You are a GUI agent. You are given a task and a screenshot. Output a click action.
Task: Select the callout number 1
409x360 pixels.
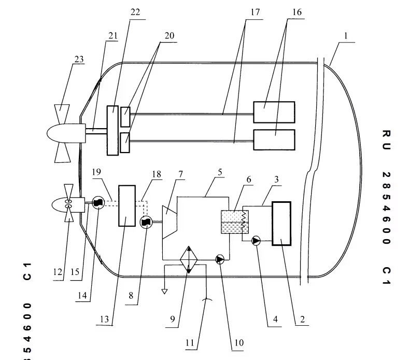(x=346, y=37)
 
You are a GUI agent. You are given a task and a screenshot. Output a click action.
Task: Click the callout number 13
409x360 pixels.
(x=105, y=320)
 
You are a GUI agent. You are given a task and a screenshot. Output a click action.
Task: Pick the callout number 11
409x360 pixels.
(x=191, y=342)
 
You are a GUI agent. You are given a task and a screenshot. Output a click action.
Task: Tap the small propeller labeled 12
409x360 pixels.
(x=68, y=206)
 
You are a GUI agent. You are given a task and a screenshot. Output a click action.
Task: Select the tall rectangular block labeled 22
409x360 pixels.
(x=112, y=130)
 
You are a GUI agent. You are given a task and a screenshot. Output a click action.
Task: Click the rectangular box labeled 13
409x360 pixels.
(x=127, y=205)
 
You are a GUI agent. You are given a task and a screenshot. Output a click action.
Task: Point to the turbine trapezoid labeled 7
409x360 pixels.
(x=170, y=221)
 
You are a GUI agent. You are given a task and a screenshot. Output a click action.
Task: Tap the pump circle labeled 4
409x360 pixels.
(x=256, y=240)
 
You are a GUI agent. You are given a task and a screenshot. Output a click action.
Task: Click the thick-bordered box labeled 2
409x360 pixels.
(x=281, y=223)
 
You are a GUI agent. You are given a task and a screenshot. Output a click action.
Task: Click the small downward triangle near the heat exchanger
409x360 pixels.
(x=164, y=292)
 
